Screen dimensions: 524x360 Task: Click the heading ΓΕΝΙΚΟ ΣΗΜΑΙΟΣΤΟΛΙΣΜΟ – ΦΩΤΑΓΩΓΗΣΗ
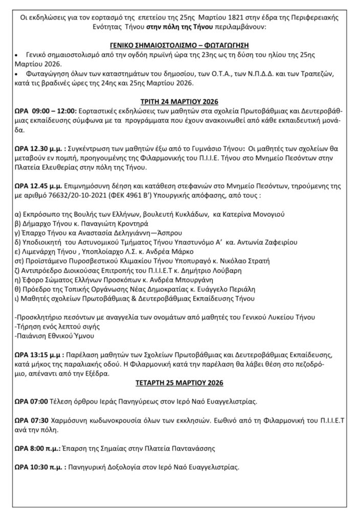181,45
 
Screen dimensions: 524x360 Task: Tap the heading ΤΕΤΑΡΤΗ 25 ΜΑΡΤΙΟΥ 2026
180,382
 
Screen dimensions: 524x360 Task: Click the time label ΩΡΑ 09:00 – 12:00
47,111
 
